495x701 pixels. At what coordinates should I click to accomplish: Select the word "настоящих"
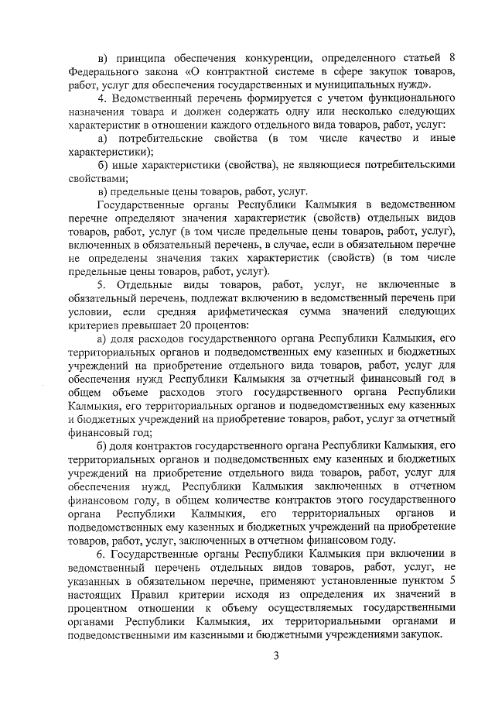click(96, 595)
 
